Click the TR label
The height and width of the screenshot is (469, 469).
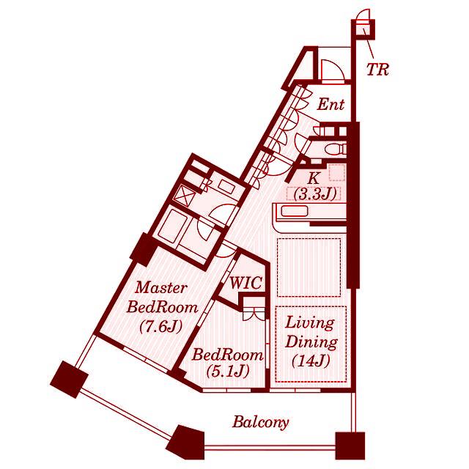click(x=377, y=70)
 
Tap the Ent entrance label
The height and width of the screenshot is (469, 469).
click(x=330, y=104)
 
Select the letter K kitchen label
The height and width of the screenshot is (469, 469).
click(x=313, y=179)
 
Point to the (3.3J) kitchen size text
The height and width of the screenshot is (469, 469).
click(x=315, y=194)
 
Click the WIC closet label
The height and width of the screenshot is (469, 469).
click(x=246, y=283)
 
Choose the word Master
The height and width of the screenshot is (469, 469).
click(x=161, y=288)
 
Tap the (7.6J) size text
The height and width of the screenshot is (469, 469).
click(x=161, y=328)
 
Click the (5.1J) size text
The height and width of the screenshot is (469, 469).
click(x=228, y=372)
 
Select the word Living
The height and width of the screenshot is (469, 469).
click(x=310, y=323)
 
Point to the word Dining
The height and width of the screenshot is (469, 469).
click(x=311, y=342)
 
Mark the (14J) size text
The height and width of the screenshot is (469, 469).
click(x=311, y=361)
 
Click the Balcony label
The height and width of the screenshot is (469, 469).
click(x=261, y=423)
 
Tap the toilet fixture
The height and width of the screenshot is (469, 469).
click(x=336, y=149)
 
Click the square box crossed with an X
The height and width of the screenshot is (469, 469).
click(x=184, y=196)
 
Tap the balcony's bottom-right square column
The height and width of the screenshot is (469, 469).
click(x=350, y=446)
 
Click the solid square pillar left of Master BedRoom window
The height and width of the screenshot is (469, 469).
click(x=70, y=379)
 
